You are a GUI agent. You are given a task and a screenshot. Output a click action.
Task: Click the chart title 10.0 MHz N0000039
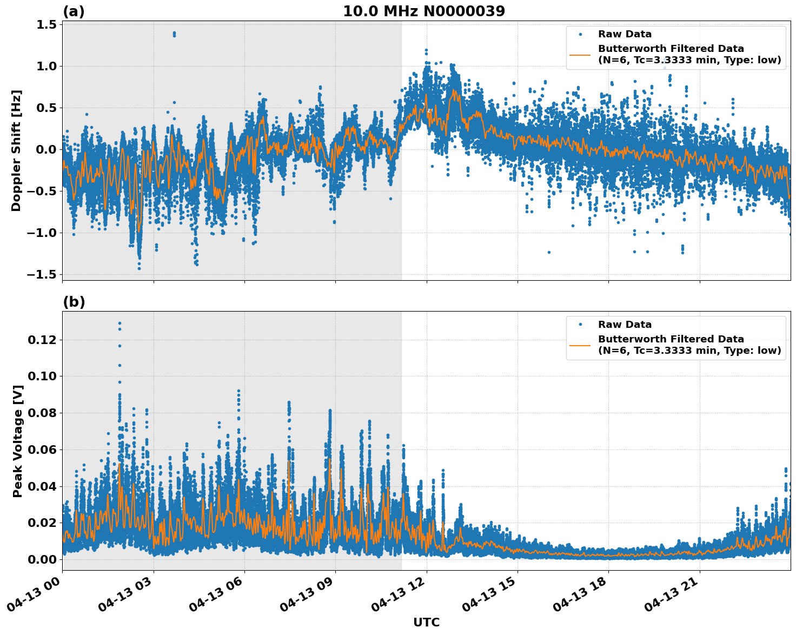click(x=424, y=11)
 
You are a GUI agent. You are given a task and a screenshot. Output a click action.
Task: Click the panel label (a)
click(x=74, y=11)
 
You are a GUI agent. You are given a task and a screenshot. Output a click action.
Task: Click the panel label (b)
click(x=74, y=302)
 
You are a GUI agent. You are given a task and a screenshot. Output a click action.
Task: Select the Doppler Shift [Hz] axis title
click(x=16, y=150)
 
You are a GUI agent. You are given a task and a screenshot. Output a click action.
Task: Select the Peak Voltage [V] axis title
click(x=18, y=441)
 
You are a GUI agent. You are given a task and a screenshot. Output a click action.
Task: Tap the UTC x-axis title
click(x=426, y=622)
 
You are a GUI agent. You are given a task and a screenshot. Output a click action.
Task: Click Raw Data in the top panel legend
click(x=625, y=34)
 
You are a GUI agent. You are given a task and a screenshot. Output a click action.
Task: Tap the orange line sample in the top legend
click(x=580, y=55)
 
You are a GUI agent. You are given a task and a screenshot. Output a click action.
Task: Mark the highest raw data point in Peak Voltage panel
click(x=120, y=323)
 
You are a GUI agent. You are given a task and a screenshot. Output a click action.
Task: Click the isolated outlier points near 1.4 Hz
click(x=174, y=34)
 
